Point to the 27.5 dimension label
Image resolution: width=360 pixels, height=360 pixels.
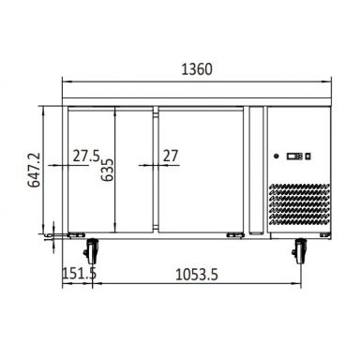86,156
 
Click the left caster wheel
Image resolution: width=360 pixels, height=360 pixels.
92,251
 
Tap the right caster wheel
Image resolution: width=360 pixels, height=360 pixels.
300,251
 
